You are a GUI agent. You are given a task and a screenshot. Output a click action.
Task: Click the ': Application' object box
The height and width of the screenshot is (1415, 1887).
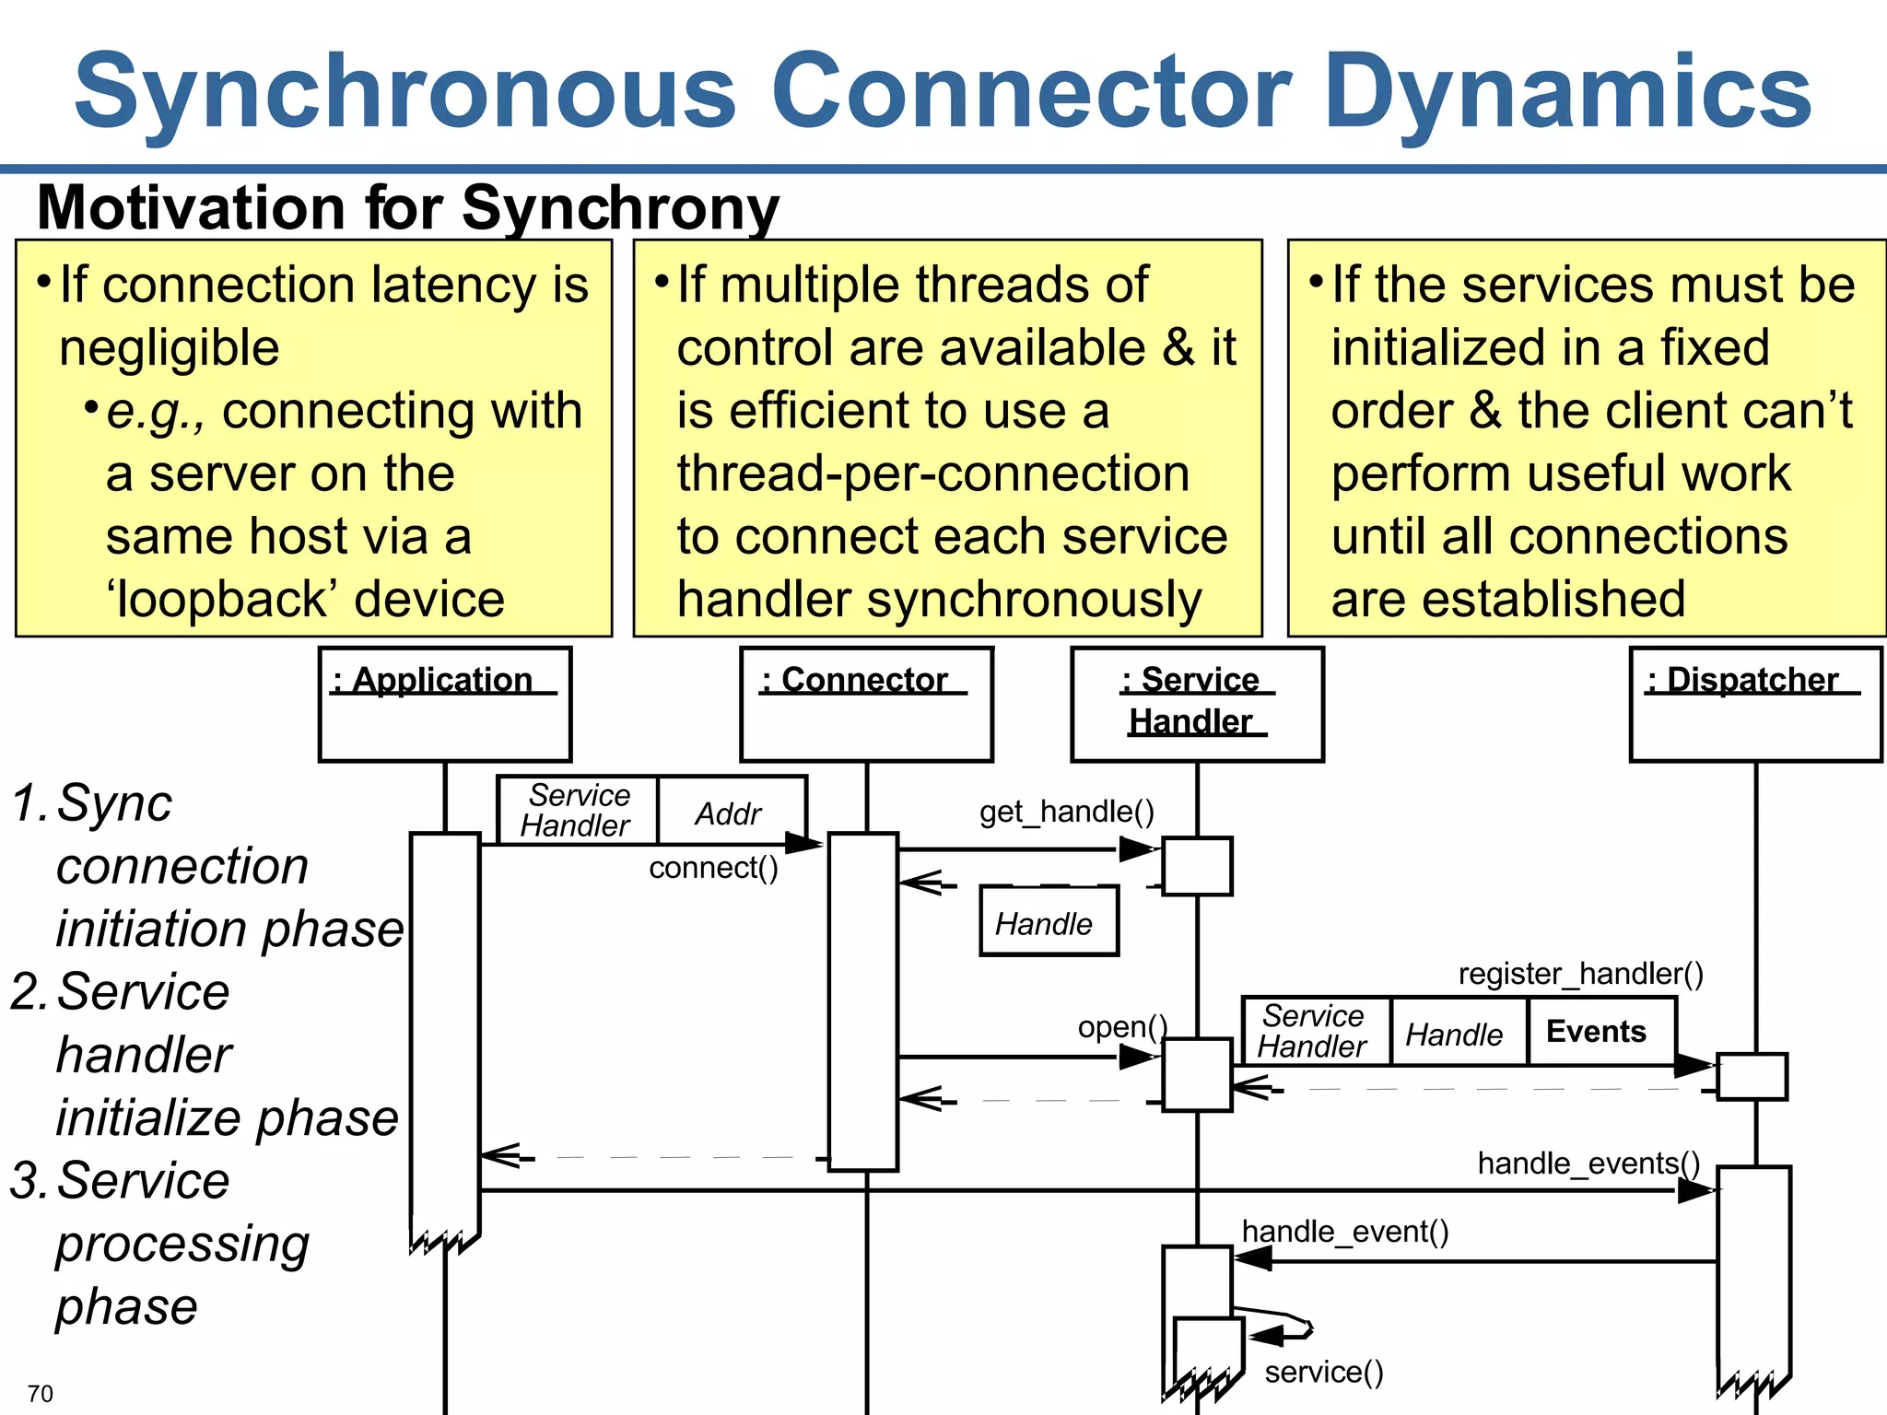[445, 704]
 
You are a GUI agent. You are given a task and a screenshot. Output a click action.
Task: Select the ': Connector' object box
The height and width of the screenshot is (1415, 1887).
[866, 704]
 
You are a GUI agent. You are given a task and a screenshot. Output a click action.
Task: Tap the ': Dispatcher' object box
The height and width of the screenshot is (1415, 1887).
[1755, 704]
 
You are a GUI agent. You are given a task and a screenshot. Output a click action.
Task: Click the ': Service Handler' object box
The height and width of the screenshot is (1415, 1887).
[1197, 704]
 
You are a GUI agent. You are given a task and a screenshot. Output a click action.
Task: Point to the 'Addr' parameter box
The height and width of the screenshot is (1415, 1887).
[730, 813]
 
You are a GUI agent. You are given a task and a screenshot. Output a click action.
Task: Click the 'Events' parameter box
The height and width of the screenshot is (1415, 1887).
[1598, 1032]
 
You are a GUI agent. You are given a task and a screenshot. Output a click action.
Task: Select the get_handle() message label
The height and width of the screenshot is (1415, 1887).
[1066, 812]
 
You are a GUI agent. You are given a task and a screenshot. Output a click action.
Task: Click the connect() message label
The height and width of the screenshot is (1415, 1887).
[713, 868]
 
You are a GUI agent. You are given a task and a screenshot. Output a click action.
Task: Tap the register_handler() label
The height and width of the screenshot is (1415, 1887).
[1580, 974]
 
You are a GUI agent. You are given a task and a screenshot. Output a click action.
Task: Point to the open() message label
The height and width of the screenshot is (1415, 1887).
[1122, 1027]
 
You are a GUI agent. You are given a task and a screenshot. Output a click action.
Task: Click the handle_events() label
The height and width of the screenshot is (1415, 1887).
[1588, 1164]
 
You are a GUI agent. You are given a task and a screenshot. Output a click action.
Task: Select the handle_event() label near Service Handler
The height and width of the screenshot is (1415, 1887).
[1344, 1232]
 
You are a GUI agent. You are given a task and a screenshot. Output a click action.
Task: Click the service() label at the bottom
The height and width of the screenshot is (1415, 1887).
[1323, 1373]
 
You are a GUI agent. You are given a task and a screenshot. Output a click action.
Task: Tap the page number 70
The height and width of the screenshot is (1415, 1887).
[41, 1394]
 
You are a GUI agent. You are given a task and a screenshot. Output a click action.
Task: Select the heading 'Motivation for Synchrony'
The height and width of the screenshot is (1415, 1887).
[407, 208]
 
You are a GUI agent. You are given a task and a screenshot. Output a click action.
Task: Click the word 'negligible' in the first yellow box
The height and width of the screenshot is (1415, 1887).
[170, 348]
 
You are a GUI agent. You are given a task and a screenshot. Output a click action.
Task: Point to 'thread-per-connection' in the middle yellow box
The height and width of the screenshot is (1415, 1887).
[932, 474]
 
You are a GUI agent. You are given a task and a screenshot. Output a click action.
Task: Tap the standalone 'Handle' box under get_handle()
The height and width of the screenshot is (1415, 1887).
[1048, 922]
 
